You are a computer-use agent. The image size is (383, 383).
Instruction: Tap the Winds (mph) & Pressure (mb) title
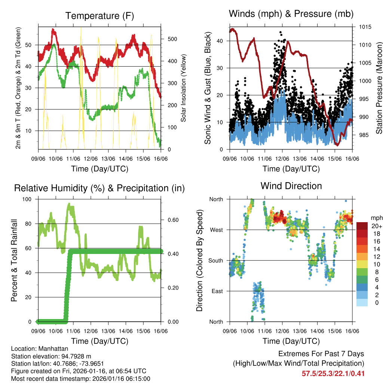[291, 14]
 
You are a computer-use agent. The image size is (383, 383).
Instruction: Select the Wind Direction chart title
[291, 186]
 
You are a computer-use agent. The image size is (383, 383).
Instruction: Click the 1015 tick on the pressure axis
[365, 27]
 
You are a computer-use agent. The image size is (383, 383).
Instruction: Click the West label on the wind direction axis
[216, 230]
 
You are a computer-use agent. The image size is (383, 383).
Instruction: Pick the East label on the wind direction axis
[217, 291]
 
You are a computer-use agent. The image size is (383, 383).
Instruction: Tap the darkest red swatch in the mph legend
[362, 226]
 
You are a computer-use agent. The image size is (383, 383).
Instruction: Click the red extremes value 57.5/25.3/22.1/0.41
[333, 373]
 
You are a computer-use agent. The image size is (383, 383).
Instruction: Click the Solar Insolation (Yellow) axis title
[184, 88]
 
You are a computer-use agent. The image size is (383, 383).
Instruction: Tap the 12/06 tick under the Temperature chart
[91, 159]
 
